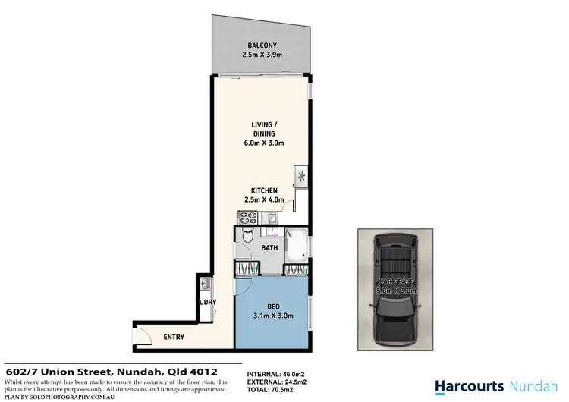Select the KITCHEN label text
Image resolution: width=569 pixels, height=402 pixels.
click(x=263, y=191)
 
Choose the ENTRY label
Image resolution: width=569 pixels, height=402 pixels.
click(x=174, y=337)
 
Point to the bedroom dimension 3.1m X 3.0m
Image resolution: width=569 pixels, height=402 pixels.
click(x=272, y=316)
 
